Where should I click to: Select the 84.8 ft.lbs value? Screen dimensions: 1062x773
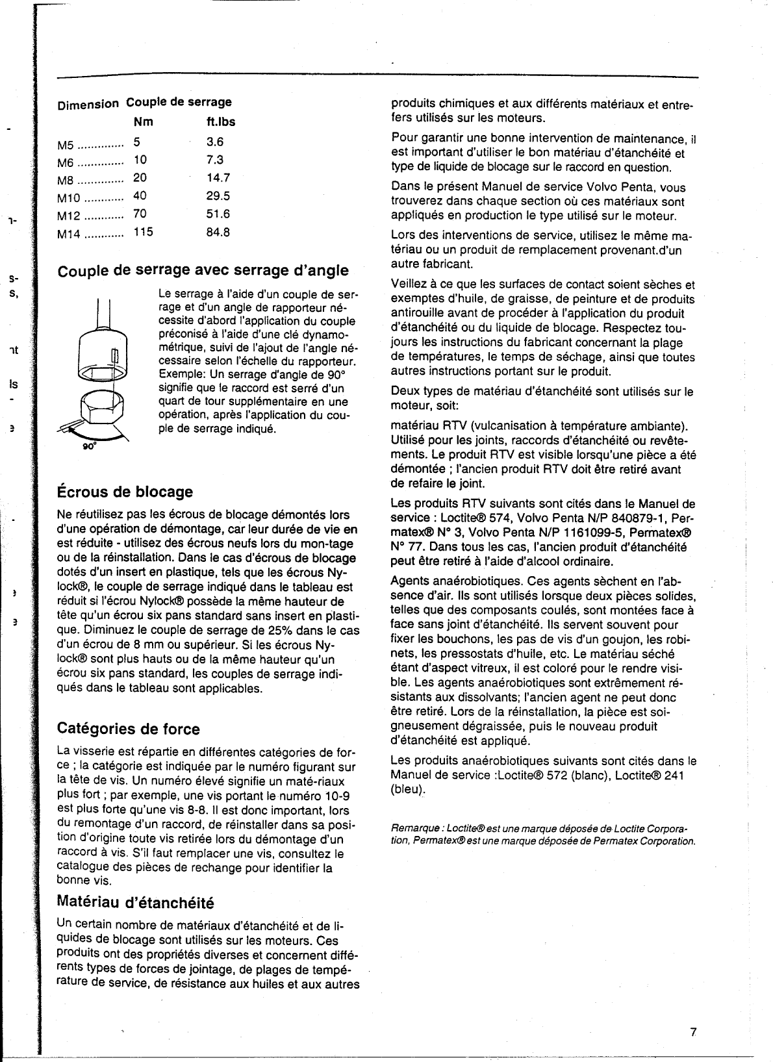pyautogui.click(x=218, y=232)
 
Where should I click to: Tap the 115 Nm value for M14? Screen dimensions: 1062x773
pyautogui.click(x=143, y=232)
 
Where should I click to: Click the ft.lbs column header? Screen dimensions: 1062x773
pyautogui.click(x=221, y=121)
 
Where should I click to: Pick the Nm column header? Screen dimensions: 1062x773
pyautogui.click(x=143, y=121)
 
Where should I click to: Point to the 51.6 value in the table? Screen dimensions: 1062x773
pyautogui.click(x=218, y=214)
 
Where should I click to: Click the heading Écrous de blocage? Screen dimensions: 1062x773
pyautogui.click(x=125, y=491)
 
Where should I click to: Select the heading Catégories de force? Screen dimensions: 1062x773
pyautogui.click(x=129, y=729)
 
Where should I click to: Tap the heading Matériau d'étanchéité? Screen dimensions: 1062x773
pyautogui.click(x=135, y=902)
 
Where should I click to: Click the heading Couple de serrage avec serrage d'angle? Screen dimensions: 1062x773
pyautogui.click(x=203, y=270)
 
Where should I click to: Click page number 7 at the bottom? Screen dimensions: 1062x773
pyautogui.click(x=693, y=1032)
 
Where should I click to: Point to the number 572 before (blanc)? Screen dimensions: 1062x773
pyautogui.click(x=554, y=775)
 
